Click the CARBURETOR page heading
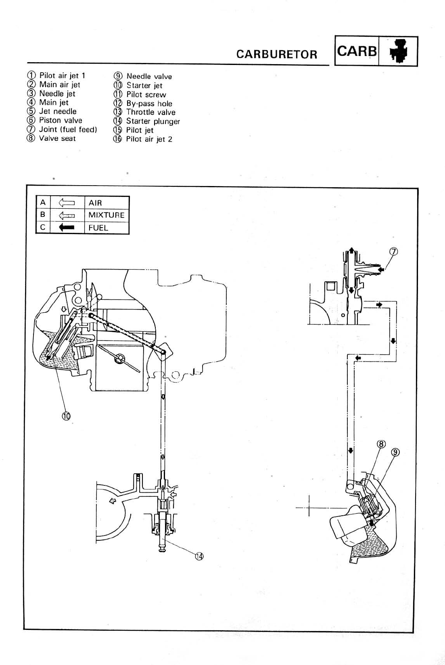(277, 54)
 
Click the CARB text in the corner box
(357, 51)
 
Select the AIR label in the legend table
(95, 203)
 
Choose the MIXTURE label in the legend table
(106, 215)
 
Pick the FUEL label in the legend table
(98, 228)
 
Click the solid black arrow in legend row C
(67, 228)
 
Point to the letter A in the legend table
(43, 203)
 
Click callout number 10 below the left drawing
(66, 415)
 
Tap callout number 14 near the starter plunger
(199, 556)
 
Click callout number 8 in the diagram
(381, 444)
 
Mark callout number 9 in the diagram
(396, 452)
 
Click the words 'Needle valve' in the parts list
(149, 77)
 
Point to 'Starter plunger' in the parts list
(153, 121)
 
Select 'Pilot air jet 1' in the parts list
(62, 76)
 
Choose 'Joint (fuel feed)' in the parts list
(68, 130)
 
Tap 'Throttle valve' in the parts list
(150, 113)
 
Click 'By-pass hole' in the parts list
(149, 104)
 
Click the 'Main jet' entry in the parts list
(54, 102)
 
